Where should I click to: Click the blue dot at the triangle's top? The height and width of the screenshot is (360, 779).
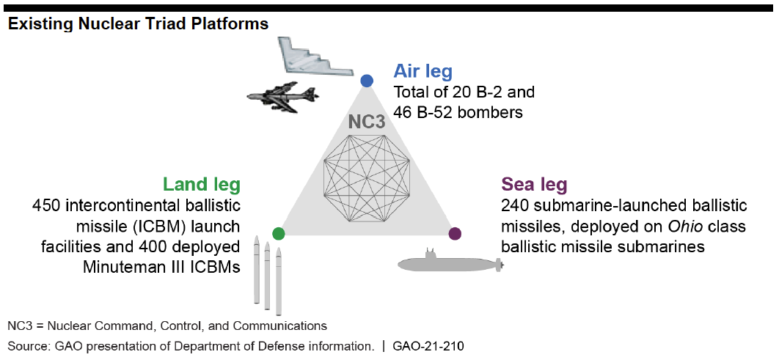367,81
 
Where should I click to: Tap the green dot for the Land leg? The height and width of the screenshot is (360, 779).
279,233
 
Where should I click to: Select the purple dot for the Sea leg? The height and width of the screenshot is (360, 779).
455,233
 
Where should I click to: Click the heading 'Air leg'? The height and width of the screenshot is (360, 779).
423,72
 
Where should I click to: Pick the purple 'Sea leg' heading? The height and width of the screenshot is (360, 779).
534,185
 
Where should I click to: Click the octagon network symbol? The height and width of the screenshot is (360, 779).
367,179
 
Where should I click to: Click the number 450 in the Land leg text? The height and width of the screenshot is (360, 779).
47,205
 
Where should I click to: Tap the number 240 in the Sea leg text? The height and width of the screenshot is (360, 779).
516,205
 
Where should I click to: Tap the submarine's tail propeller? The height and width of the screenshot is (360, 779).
500,265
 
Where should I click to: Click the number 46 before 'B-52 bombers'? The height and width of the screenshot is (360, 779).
403,112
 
